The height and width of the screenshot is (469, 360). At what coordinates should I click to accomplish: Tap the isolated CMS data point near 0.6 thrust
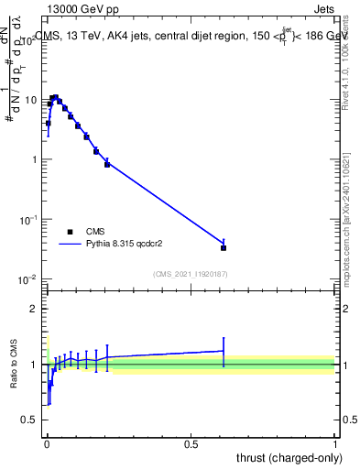224,247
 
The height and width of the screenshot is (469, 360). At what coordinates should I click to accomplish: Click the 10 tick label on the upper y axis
32,100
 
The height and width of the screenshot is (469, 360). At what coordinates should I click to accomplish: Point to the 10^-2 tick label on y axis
28,279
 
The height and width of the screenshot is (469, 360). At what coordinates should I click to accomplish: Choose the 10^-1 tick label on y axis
28,220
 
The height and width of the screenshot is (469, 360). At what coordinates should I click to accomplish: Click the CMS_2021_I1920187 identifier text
191,273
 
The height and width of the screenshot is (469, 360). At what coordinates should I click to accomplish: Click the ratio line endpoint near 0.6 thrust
224,351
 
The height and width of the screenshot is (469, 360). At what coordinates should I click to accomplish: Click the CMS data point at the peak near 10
55,97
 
